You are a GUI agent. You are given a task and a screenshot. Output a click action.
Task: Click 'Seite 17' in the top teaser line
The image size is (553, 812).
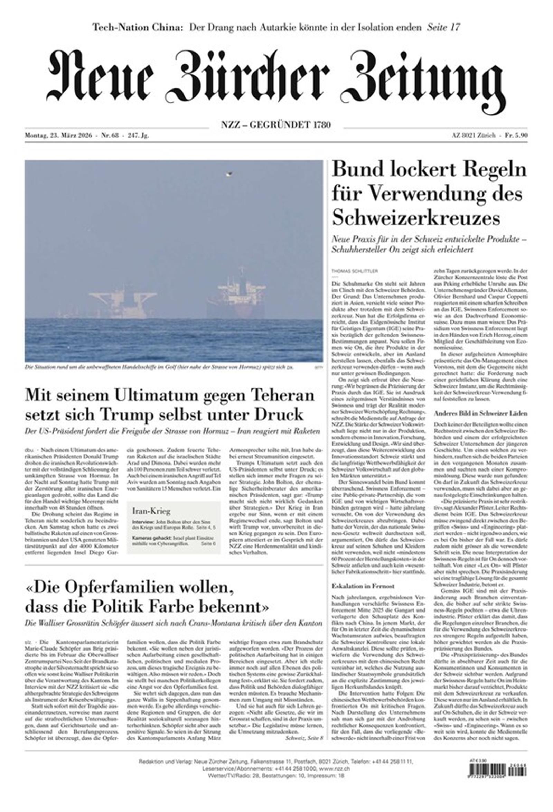(443, 27)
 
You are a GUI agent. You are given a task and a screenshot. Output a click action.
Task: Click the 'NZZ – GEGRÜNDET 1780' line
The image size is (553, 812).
(275, 125)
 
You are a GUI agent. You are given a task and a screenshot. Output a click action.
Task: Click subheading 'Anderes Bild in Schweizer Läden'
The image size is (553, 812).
(481, 413)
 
